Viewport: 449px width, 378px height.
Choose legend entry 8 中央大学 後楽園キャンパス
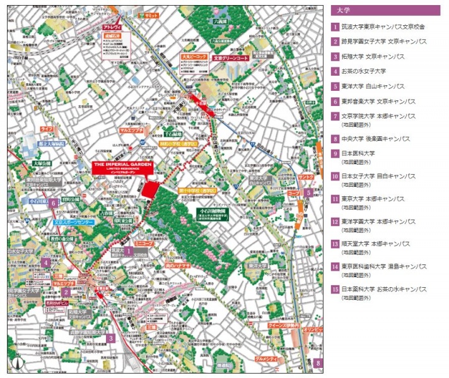[x=376, y=138]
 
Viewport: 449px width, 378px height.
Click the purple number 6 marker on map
[x=54, y=203]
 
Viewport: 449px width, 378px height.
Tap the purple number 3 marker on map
[x=110, y=338]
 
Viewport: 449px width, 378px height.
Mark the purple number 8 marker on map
[x=318, y=362]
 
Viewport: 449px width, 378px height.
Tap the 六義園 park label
[x=219, y=20]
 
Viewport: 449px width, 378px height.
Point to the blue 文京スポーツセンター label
[x=73, y=222]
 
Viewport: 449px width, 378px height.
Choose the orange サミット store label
[x=151, y=14]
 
